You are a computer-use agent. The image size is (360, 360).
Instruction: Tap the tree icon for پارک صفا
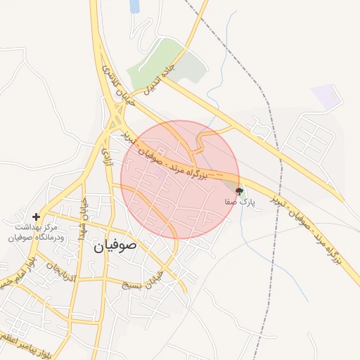pyautogui.click(x=238, y=191)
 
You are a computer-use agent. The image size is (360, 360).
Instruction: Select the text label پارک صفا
pyautogui.click(x=237, y=201)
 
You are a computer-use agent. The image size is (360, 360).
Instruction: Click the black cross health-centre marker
pyautogui.click(x=37, y=217)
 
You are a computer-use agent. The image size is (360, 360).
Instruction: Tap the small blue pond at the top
pyautogui.click(x=134, y=6)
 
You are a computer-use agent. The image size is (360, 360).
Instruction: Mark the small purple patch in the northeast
pyautogui.click(x=326, y=96)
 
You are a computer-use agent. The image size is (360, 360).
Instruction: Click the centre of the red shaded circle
pyautogui.click(x=180, y=179)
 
